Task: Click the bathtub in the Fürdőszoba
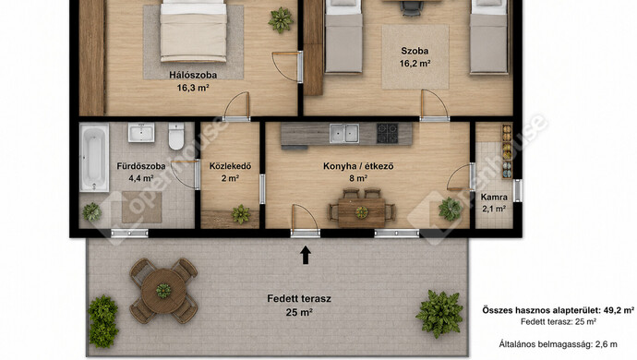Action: (x=94, y=157)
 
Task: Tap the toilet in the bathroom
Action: (x=176, y=136)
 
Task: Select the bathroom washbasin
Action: (x=141, y=132)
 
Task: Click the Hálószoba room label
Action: (x=193, y=75)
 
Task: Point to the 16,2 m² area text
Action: (x=415, y=64)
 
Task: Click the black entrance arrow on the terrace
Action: (x=306, y=256)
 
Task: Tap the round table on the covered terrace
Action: (x=163, y=291)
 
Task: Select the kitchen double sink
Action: (x=344, y=133)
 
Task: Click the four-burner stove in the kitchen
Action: (x=387, y=133)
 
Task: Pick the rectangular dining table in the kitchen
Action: (x=362, y=212)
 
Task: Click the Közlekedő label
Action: (x=231, y=166)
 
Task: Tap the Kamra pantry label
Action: (x=494, y=197)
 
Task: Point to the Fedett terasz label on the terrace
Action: (x=299, y=299)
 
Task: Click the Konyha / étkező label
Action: (x=358, y=166)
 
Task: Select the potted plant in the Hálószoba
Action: (x=281, y=20)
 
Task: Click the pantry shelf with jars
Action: (x=507, y=151)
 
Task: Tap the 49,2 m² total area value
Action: (x=619, y=310)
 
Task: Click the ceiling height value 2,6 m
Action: (x=607, y=344)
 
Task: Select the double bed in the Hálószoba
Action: (x=193, y=30)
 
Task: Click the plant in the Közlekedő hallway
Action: (x=241, y=214)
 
